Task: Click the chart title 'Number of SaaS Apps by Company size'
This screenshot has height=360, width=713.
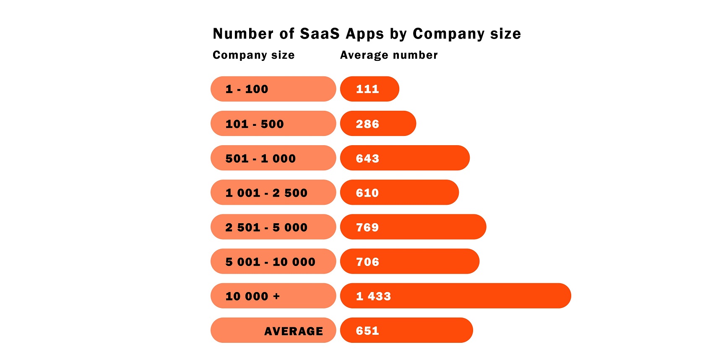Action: pyautogui.click(x=367, y=34)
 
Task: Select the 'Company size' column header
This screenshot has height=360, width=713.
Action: pyautogui.click(x=253, y=55)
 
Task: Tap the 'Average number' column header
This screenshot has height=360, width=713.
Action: pyautogui.click(x=388, y=55)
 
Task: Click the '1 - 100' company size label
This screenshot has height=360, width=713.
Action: pyautogui.click(x=247, y=89)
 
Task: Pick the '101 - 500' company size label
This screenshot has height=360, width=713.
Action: pyautogui.click(x=255, y=124)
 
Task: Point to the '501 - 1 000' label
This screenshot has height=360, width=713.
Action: pyautogui.click(x=260, y=159)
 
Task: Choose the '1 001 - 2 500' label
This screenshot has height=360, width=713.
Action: pyautogui.click(x=266, y=193)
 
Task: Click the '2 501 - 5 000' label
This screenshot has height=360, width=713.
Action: pyautogui.click(x=266, y=227)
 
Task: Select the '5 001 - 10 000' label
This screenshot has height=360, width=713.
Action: pyautogui.click(x=270, y=262)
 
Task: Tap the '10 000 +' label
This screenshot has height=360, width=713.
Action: pyautogui.click(x=252, y=296)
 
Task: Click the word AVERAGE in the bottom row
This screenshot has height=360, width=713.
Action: pyautogui.click(x=294, y=331)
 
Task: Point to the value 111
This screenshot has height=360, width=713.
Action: pyautogui.click(x=367, y=89)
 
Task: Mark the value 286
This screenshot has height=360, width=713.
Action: pyautogui.click(x=367, y=124)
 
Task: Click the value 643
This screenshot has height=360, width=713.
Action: pyautogui.click(x=367, y=159)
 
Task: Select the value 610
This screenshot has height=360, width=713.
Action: pyautogui.click(x=367, y=193)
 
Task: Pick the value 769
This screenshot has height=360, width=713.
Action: pyautogui.click(x=367, y=227)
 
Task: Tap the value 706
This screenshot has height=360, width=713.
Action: pyautogui.click(x=367, y=262)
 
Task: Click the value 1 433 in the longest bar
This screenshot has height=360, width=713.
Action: pyautogui.click(x=373, y=296)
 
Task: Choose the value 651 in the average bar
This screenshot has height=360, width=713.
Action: pyautogui.click(x=367, y=331)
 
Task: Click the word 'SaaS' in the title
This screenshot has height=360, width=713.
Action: pyautogui.click(x=320, y=34)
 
